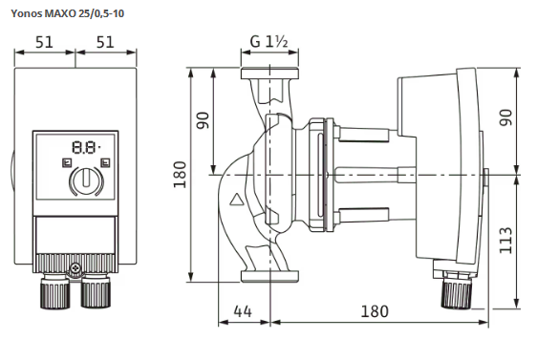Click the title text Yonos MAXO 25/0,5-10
(68, 13)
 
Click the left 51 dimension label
(45, 42)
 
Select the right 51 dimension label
(105, 42)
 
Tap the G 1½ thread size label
(268, 42)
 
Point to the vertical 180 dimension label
(180, 175)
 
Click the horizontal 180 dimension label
(375, 311)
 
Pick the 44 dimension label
(243, 311)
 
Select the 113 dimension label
(505, 241)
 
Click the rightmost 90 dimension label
(505, 117)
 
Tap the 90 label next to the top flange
(203, 120)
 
